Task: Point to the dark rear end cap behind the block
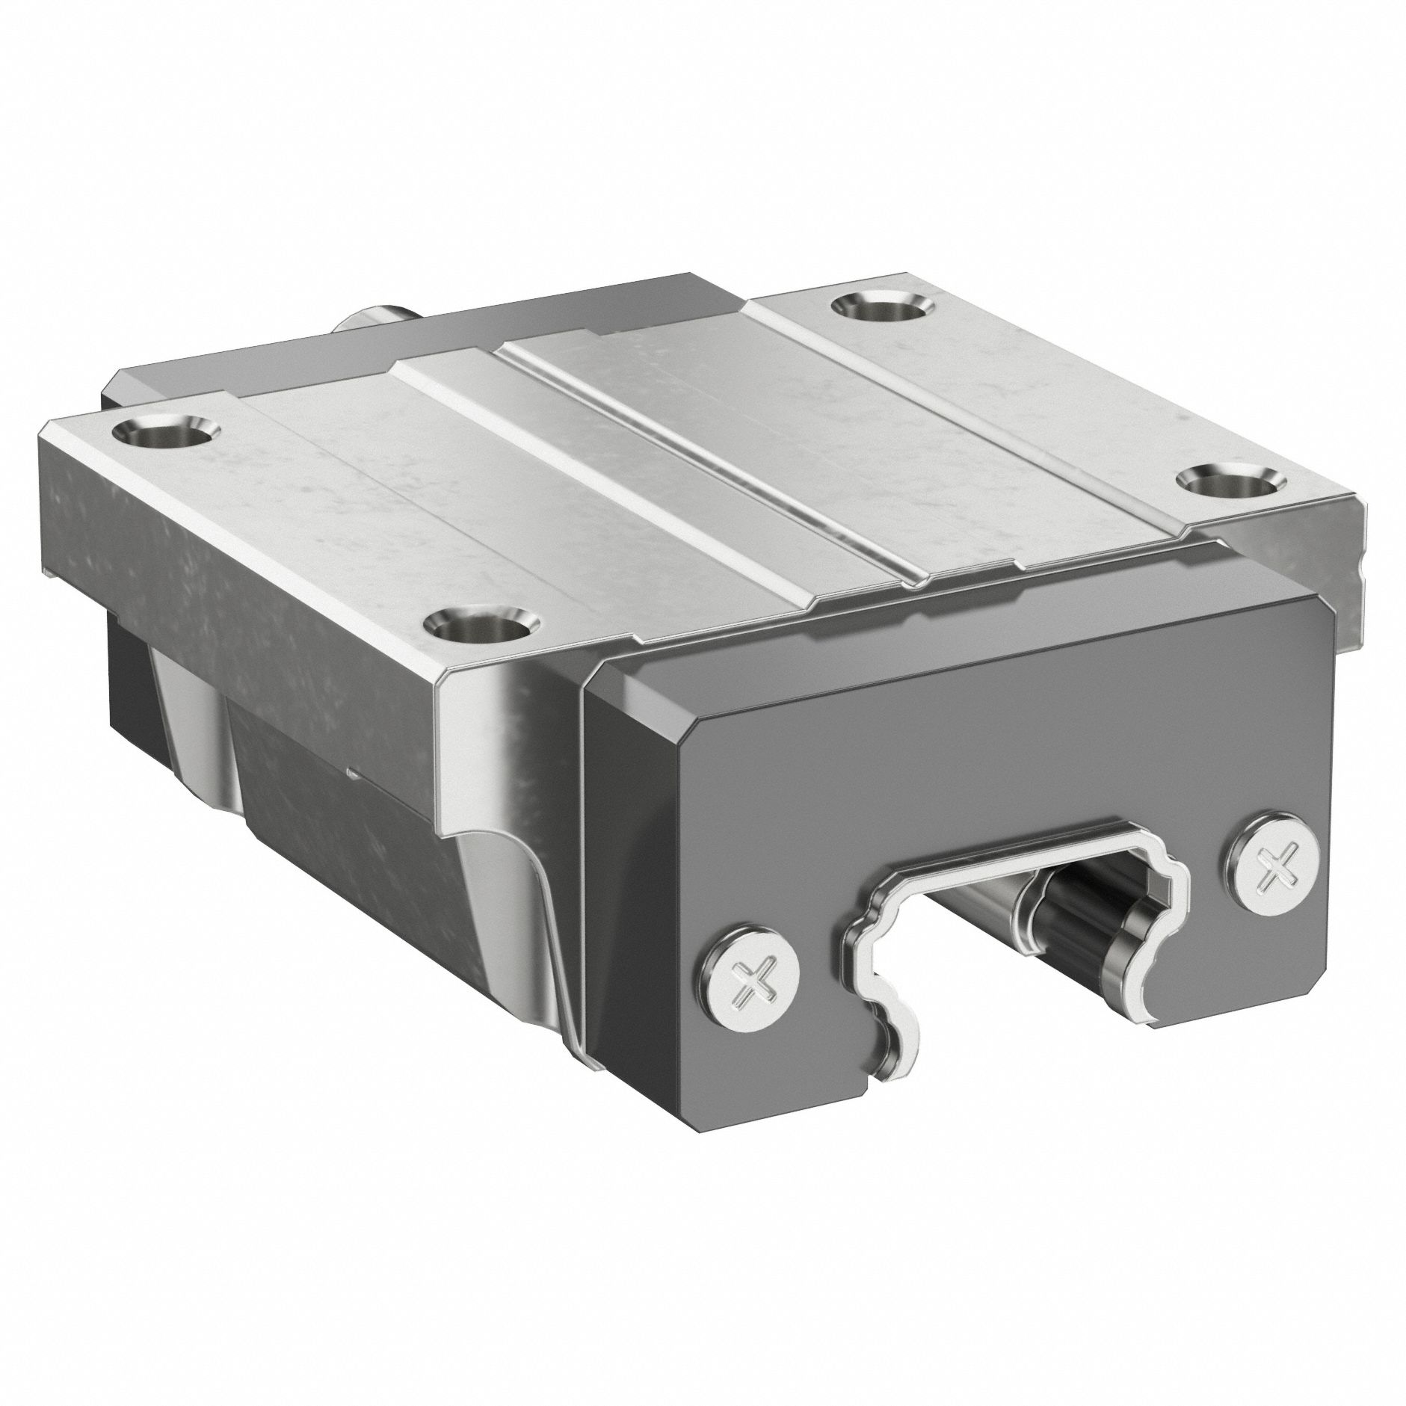(x=224, y=374)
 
